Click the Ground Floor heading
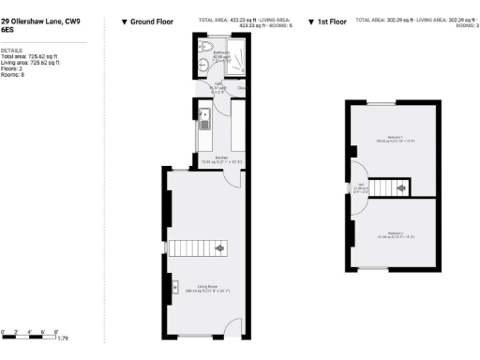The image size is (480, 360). (156, 21)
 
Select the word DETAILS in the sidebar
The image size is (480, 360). (12, 51)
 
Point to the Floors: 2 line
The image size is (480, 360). (15, 67)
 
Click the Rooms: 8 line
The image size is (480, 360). (16, 73)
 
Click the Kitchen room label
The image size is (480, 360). (221, 157)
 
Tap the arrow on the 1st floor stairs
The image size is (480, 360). (401, 187)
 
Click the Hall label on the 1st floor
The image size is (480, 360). (361, 186)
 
